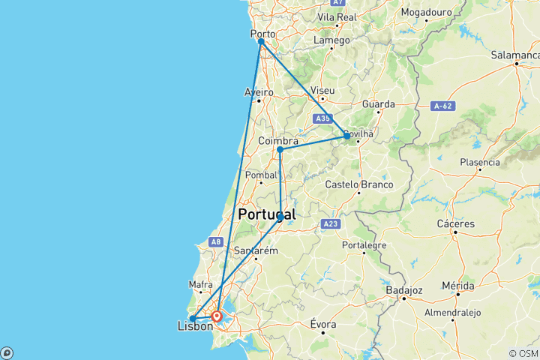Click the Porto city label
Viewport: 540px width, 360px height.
click(263, 33)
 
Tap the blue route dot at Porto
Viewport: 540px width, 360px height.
click(261, 41)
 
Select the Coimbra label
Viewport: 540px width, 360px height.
click(278, 141)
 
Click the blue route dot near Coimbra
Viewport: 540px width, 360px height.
click(280, 149)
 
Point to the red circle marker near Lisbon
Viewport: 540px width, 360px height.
click(217, 316)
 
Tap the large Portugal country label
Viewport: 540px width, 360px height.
click(266, 214)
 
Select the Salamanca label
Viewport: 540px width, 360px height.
click(515, 55)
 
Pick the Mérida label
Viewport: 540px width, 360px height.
click(457, 286)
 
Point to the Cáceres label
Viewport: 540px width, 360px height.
click(455, 223)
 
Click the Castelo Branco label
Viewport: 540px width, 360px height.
click(360, 184)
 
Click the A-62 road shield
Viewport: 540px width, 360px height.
click(442, 107)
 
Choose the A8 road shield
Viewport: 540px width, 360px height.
click(216, 241)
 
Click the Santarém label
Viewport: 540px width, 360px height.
click(256, 250)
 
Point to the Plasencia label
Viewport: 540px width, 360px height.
click(480, 161)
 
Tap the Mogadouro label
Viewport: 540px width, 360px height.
click(427, 12)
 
